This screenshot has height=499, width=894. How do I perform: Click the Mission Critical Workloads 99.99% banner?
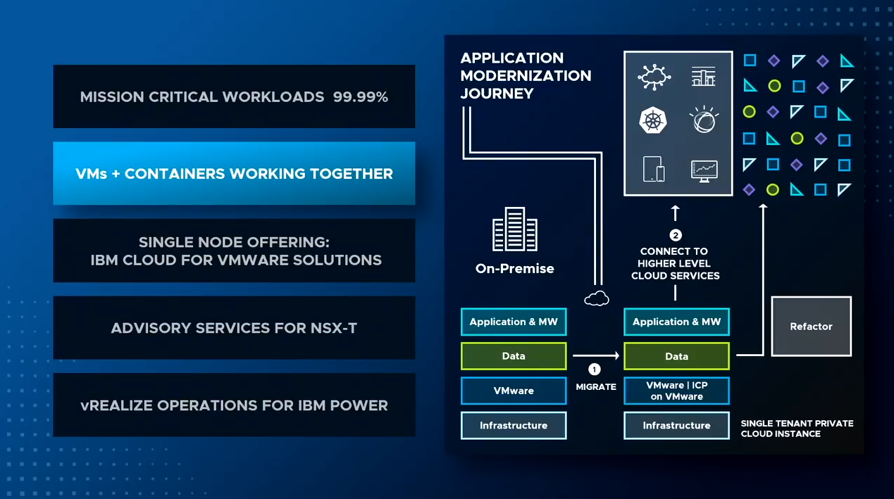click(234, 96)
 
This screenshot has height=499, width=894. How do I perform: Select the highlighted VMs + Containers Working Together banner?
click(234, 173)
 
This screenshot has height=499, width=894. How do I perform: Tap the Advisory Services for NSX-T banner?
click(234, 327)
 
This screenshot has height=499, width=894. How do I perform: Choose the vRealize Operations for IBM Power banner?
click(234, 405)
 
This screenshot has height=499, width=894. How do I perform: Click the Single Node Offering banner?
click(234, 251)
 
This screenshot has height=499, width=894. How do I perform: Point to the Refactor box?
click(811, 327)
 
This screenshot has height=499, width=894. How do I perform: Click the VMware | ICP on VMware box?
click(676, 391)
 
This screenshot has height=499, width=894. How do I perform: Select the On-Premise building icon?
click(515, 229)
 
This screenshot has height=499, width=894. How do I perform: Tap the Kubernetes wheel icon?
click(653, 120)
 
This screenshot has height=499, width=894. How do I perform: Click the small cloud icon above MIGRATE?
click(597, 298)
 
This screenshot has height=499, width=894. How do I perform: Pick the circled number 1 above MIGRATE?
click(595, 369)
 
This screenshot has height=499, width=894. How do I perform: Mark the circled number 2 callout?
click(676, 235)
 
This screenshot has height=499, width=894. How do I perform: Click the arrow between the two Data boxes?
click(596, 355)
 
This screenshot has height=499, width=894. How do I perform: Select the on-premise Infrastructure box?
click(514, 426)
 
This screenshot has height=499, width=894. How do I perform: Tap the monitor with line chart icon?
click(704, 171)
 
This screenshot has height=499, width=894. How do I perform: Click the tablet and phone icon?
click(654, 169)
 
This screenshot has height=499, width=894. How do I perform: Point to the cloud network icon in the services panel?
click(654, 77)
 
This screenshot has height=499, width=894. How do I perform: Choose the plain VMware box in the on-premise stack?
click(514, 391)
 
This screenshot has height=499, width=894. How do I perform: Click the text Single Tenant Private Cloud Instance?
click(797, 429)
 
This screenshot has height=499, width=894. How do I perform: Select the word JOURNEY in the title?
click(497, 94)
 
